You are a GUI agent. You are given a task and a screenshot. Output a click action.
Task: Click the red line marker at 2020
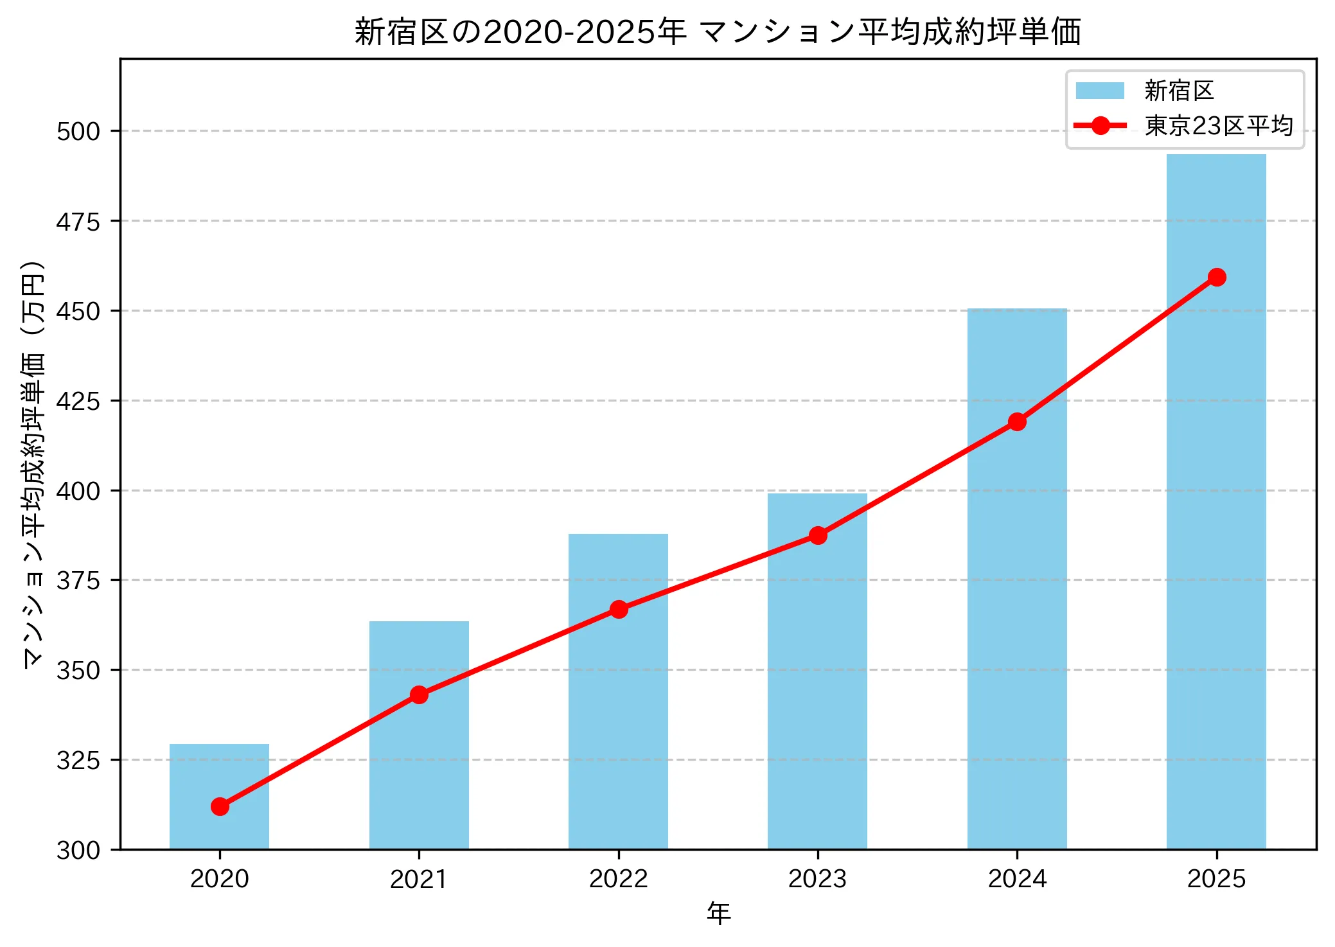220,806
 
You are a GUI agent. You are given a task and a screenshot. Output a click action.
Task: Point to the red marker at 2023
818,535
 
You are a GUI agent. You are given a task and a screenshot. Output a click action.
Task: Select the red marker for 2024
1017,421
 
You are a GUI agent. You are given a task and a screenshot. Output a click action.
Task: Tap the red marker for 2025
1216,277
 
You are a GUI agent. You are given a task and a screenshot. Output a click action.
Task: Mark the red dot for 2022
619,609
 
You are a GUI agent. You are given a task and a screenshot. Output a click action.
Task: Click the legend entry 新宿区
1178,91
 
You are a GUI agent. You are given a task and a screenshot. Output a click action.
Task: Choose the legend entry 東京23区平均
1218,125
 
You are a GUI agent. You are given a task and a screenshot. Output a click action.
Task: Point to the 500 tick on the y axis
78,131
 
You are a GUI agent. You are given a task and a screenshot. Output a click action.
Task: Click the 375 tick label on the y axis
78,580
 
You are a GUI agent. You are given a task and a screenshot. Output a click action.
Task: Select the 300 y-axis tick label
78,850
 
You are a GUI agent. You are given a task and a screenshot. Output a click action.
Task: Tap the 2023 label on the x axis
817,878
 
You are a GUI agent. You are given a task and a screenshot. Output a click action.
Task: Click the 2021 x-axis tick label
419,878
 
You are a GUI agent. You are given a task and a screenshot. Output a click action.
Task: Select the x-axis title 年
718,914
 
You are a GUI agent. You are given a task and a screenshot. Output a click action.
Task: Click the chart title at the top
718,31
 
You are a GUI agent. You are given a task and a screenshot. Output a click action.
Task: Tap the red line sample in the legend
1100,125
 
